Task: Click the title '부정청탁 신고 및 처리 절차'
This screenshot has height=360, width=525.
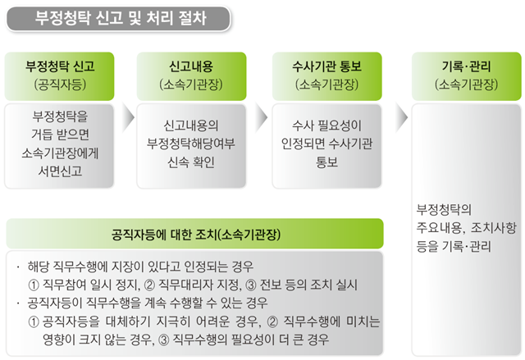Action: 121,18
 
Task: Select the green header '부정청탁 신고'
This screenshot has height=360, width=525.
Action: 60,76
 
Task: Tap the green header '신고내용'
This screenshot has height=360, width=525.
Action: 191,76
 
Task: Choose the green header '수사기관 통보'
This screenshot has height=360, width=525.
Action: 326,76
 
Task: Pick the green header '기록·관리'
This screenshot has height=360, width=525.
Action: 467,76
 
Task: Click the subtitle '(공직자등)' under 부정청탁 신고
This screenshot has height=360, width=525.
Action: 60,84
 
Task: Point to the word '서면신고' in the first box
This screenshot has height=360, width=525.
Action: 60,171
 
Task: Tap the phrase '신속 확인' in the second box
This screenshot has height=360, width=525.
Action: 191,162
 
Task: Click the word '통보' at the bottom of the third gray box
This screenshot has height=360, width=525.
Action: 326,162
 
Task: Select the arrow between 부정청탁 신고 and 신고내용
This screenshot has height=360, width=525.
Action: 128,117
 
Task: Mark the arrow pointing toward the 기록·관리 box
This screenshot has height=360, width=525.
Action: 401,117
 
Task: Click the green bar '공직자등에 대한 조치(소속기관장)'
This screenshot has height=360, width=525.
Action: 195,234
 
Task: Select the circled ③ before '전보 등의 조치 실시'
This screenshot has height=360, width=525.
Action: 251,285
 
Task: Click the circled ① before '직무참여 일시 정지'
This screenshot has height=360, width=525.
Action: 34,285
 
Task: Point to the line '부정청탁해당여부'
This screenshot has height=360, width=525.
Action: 191,144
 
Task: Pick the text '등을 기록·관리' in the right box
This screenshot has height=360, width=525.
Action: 454,247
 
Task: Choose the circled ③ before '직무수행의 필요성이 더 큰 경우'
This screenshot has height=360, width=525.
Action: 163,340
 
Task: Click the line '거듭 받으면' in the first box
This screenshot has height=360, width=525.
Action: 60,134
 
